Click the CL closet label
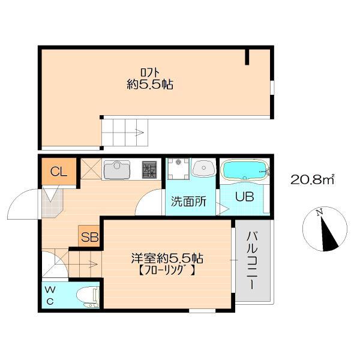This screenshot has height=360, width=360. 59,172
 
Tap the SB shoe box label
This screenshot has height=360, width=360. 90,237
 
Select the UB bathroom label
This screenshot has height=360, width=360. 245,197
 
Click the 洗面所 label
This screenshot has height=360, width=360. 189,202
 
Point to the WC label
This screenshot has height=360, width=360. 50,295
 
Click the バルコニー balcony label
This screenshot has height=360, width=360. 252,260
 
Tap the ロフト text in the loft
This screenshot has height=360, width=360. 150,73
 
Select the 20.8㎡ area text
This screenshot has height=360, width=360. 312,179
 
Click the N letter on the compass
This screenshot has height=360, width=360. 319,213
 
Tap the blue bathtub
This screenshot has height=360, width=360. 245,170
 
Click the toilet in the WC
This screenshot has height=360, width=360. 88,297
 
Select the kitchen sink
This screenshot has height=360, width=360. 117,169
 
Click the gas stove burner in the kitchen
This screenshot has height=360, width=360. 149,170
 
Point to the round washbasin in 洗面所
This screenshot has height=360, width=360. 203,168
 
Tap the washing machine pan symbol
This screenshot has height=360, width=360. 179,169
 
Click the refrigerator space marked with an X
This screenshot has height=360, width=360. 91,169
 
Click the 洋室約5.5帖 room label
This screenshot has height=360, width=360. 167,258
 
